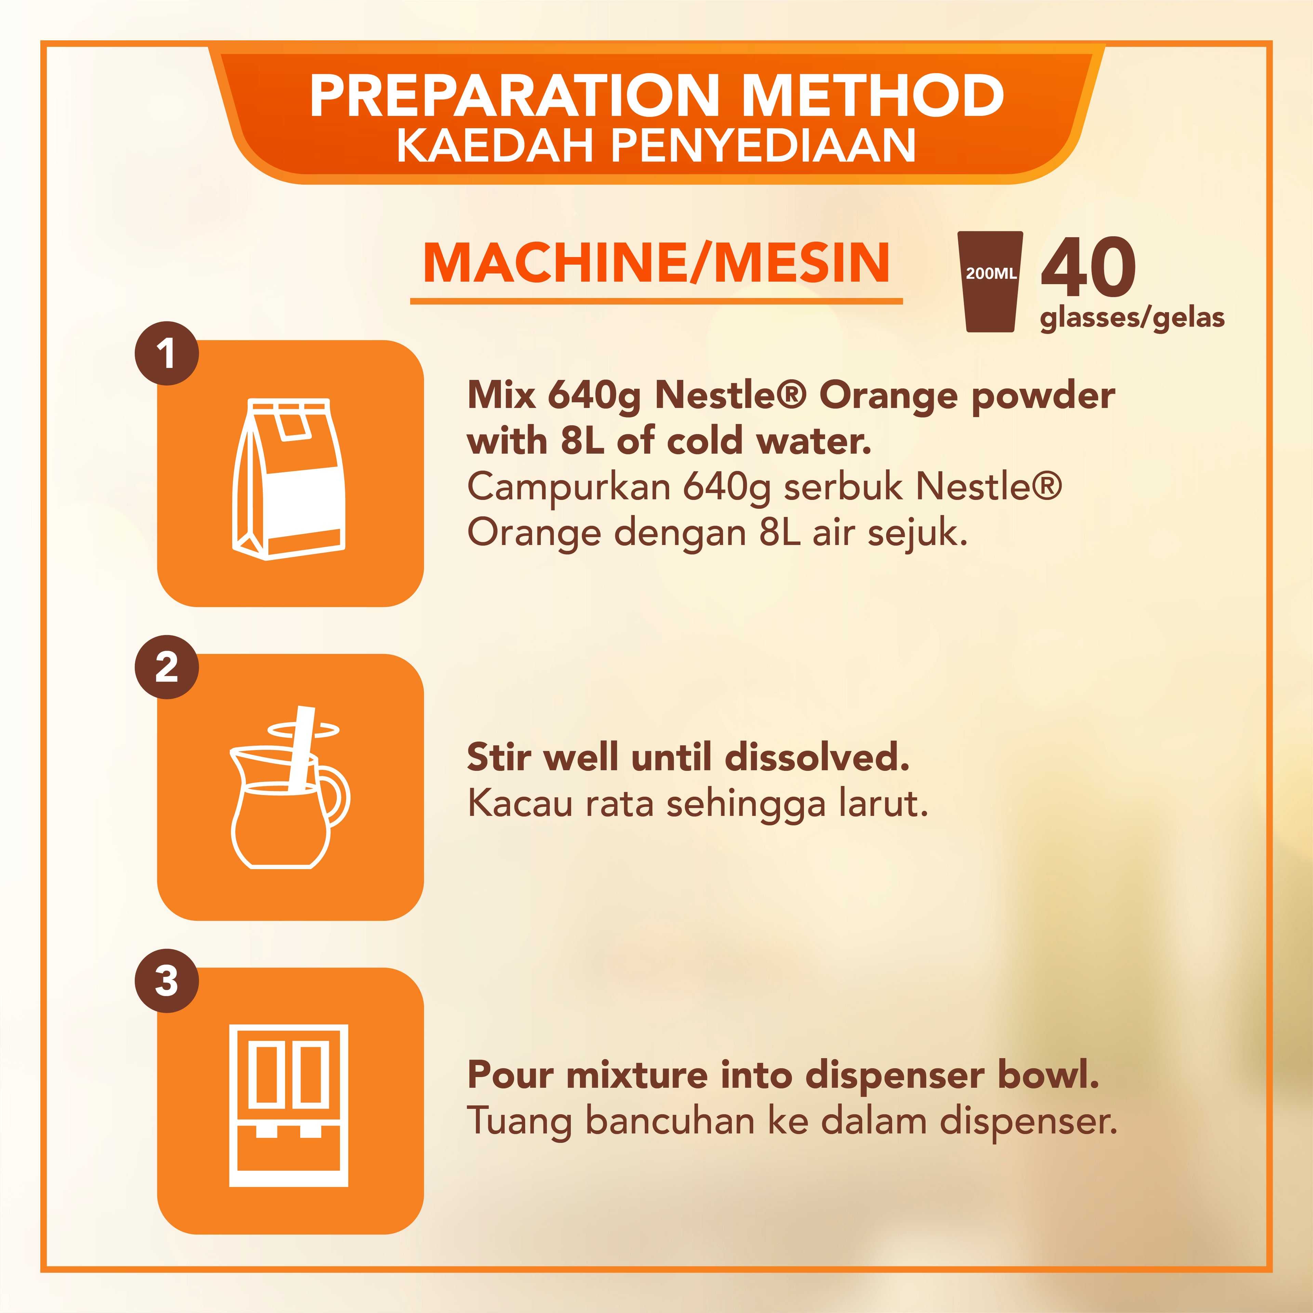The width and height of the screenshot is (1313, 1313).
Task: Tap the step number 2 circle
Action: [x=167, y=667]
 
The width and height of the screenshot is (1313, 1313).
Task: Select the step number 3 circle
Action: [x=167, y=981]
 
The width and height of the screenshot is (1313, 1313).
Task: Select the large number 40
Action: [x=1088, y=268]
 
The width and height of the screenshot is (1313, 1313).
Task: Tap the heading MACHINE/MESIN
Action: [x=656, y=263]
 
